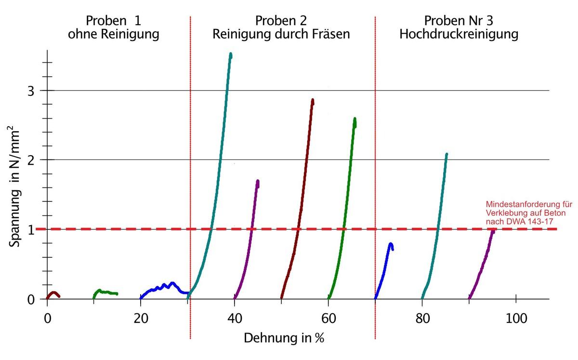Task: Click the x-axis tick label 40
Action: [235, 319]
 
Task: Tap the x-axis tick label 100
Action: [516, 319]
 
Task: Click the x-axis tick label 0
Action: [47, 319]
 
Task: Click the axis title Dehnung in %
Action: [284, 337]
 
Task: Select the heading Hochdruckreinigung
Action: [459, 35]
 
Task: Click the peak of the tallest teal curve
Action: [231, 54]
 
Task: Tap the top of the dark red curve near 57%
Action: [313, 101]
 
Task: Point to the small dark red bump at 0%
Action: [53, 293]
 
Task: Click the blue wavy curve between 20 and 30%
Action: [164, 287]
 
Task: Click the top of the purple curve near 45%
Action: [258, 182]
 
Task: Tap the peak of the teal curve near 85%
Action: [447, 155]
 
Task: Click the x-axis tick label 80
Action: [422, 319]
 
